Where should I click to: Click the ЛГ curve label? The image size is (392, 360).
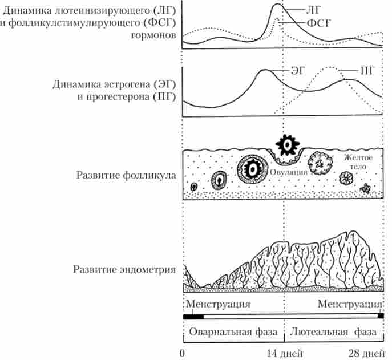click(313, 10)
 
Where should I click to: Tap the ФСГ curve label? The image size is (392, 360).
click(318, 23)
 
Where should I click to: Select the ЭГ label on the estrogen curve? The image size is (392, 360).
click(298, 71)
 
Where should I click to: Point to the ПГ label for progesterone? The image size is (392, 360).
click(367, 71)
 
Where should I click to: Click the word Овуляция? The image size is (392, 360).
click(289, 172)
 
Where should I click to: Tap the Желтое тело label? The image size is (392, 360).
click(358, 162)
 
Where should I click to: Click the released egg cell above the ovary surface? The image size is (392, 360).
click(288, 145)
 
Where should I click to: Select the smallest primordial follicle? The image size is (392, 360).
click(194, 187)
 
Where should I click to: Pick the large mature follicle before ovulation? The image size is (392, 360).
click(253, 169)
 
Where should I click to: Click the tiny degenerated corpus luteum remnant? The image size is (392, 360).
click(365, 188)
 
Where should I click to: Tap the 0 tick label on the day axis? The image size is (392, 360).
click(182, 353)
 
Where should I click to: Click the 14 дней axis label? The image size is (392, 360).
click(285, 353)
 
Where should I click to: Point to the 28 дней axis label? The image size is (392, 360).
click(367, 353)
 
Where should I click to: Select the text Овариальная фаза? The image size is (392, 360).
click(233, 332)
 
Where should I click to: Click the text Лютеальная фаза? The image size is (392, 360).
click(333, 332)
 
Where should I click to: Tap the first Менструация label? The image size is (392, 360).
click(218, 304)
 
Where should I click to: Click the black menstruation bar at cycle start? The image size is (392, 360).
click(193, 317)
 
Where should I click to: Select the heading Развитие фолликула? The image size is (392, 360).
click(126, 175)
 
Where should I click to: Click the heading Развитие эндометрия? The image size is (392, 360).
click(124, 269)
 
